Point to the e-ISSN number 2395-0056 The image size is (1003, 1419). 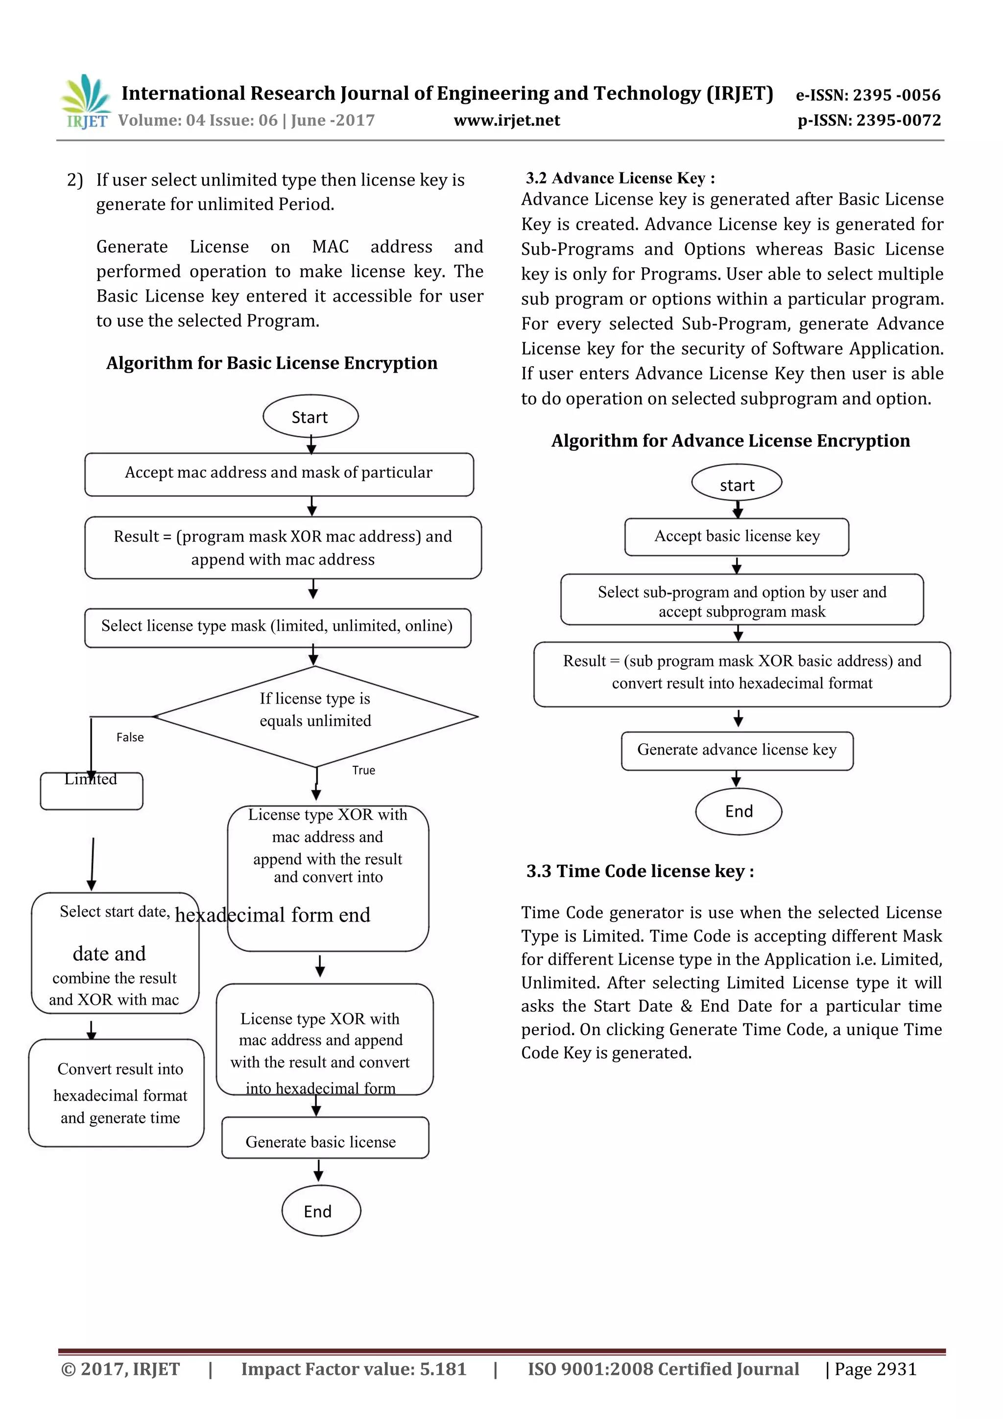[x=868, y=95]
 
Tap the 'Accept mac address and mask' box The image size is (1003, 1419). [x=279, y=473]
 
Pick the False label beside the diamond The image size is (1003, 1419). [x=130, y=737]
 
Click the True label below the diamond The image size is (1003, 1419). [x=363, y=770]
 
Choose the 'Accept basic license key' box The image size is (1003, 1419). [x=737, y=537]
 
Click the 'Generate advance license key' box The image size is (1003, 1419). [x=737, y=750]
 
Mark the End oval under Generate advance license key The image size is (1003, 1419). [x=739, y=811]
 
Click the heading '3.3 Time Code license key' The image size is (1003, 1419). [x=640, y=872]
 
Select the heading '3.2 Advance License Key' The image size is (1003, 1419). [x=620, y=178]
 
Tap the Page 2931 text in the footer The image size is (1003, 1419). [x=875, y=1369]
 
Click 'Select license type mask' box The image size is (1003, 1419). [x=278, y=627]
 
